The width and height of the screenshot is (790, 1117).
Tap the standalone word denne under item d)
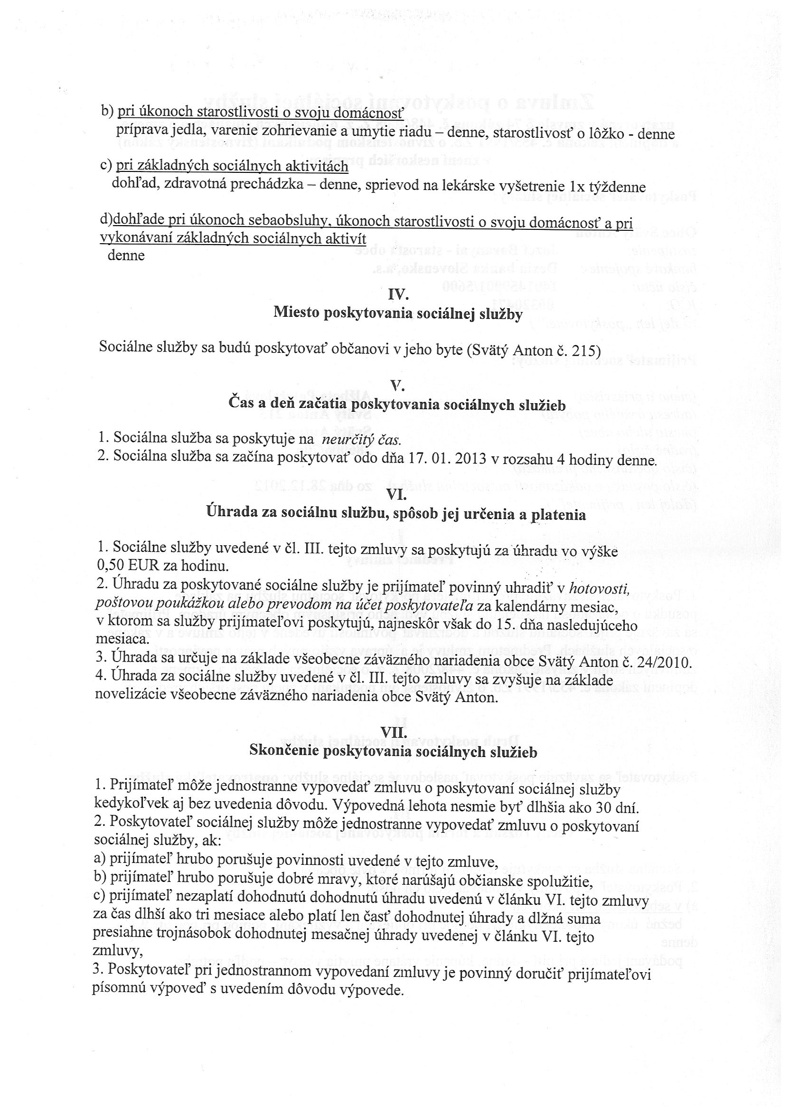tap(126, 256)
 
